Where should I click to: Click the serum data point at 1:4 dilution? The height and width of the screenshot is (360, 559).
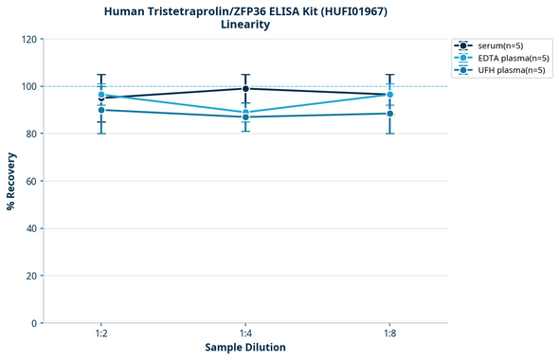pyautogui.click(x=245, y=89)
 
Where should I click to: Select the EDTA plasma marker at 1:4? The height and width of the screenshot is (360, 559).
pyautogui.click(x=245, y=113)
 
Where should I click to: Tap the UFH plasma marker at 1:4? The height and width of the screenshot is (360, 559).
pyautogui.click(x=245, y=117)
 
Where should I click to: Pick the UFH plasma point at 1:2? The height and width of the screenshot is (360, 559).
pyautogui.click(x=101, y=110)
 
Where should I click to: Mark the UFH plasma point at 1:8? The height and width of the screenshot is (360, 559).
pyautogui.click(x=389, y=114)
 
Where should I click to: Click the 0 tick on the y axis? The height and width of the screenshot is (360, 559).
pyautogui.click(x=33, y=324)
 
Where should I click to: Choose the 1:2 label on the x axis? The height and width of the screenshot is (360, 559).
pyautogui.click(x=101, y=334)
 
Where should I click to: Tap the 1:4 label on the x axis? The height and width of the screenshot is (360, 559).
pyautogui.click(x=245, y=334)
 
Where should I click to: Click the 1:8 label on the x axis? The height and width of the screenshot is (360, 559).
pyautogui.click(x=389, y=334)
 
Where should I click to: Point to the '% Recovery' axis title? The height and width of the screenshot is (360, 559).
pyautogui.click(x=11, y=180)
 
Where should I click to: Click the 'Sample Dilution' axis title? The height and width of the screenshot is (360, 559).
pyautogui.click(x=245, y=348)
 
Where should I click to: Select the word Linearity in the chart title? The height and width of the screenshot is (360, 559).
pyautogui.click(x=245, y=25)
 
